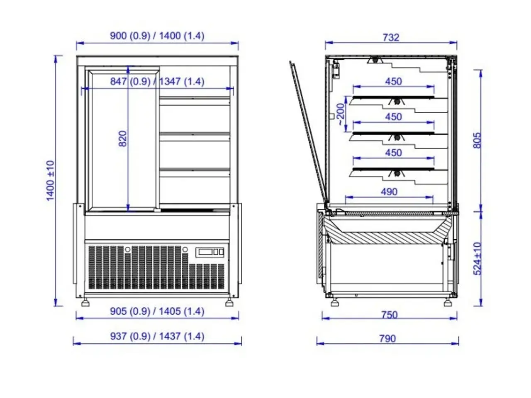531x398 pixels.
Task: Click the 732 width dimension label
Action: tap(391, 37)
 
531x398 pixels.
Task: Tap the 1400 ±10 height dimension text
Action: tap(50, 180)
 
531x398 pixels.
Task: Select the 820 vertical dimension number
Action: tap(123, 138)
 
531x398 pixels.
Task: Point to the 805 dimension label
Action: tap(477, 140)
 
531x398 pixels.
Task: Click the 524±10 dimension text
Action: tap(477, 259)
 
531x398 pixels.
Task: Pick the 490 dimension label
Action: tap(389, 192)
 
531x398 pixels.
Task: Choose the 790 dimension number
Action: tap(387, 339)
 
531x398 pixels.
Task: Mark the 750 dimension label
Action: tap(390, 315)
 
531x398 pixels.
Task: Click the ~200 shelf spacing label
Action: tap(341, 114)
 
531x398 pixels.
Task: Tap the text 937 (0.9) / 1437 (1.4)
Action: tap(157, 336)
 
